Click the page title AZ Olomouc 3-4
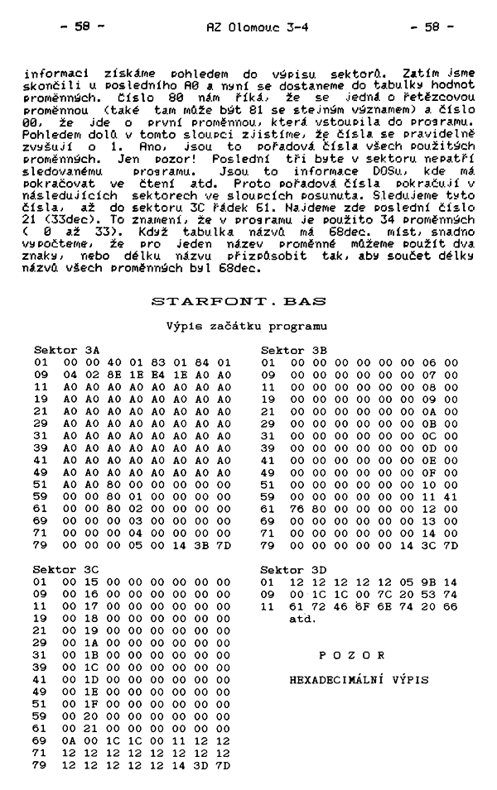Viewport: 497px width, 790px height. point(245,26)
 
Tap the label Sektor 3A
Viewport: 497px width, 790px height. point(66,350)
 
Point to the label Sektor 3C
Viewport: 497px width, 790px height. point(66,570)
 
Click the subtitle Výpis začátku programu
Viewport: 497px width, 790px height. point(247,327)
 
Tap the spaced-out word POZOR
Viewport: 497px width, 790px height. point(359,654)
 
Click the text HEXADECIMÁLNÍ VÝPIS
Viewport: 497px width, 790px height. point(359,679)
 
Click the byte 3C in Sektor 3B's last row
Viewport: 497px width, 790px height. point(430,546)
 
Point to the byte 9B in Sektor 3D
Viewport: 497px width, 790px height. point(430,582)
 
